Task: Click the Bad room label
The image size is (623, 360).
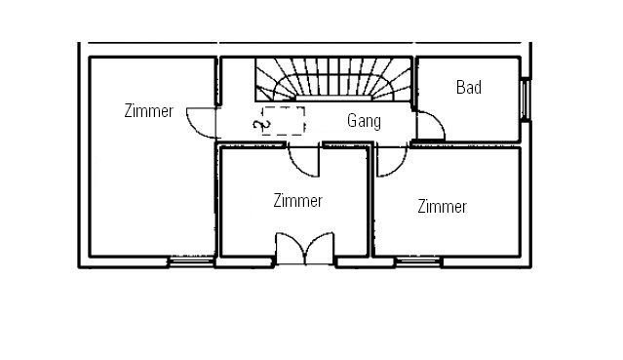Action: tap(469, 87)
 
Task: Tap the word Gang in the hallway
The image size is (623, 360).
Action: tap(364, 121)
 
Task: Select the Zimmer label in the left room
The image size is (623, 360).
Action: tap(148, 111)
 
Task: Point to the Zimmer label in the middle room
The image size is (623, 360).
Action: tap(297, 200)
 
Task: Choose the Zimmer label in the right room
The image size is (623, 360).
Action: tap(442, 207)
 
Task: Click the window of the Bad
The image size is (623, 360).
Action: tap(526, 100)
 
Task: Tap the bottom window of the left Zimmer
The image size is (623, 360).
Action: tap(191, 261)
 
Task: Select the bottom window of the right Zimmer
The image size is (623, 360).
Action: tap(418, 261)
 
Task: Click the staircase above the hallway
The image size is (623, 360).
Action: tap(333, 79)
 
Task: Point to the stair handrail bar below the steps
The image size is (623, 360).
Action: tap(333, 98)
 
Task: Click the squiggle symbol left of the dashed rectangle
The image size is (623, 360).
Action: tap(261, 125)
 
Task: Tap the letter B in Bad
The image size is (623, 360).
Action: tap(460, 87)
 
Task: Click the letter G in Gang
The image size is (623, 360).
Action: tap(352, 121)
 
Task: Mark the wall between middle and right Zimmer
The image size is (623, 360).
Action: tap(371, 201)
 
